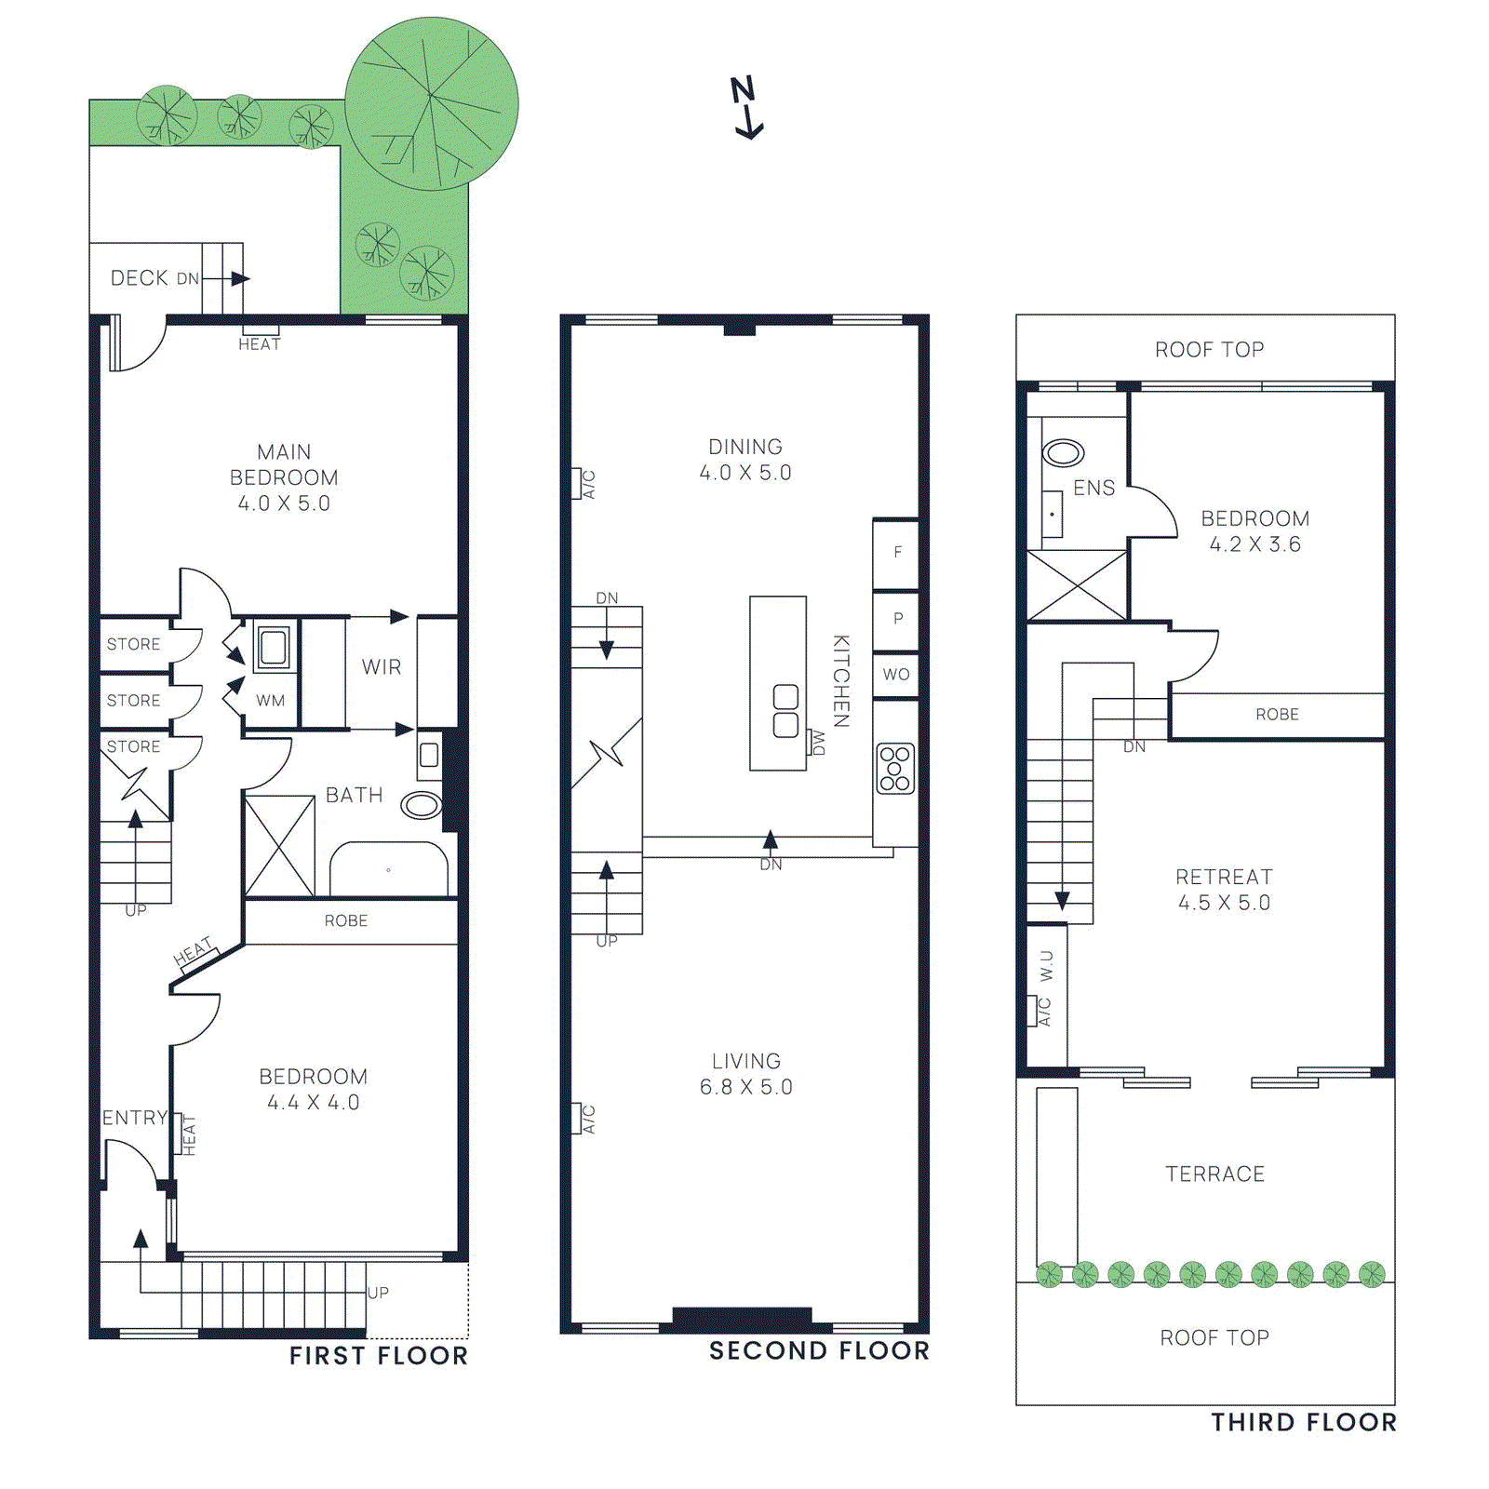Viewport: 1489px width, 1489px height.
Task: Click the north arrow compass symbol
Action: tap(746, 108)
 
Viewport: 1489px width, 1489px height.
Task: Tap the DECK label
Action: tap(140, 278)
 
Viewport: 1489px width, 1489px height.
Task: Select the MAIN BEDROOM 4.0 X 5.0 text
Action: tap(284, 477)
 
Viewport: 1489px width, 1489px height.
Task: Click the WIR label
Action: tap(382, 667)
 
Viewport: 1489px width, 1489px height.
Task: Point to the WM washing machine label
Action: tap(271, 701)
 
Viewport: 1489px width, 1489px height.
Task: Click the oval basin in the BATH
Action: tap(422, 804)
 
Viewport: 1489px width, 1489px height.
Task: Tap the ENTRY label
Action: tap(135, 1118)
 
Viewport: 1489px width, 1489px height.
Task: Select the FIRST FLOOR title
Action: tap(379, 1356)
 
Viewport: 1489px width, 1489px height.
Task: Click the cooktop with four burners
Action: tap(895, 769)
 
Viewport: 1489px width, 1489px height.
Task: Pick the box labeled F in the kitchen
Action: tap(896, 553)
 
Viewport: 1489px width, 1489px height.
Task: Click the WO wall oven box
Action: tap(896, 675)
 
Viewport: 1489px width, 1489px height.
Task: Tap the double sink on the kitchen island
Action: tap(785, 711)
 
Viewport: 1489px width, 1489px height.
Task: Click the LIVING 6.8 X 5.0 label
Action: tap(745, 1074)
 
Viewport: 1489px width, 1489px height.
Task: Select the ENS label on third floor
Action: tap(1093, 489)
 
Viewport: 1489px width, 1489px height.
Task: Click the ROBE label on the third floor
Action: tap(1277, 715)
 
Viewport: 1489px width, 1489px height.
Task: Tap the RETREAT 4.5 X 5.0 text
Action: tap(1224, 890)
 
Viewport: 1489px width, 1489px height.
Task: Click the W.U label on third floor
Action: tap(1047, 966)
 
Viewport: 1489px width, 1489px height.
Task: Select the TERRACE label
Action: tap(1214, 1174)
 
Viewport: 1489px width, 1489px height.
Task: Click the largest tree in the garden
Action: tap(431, 103)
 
